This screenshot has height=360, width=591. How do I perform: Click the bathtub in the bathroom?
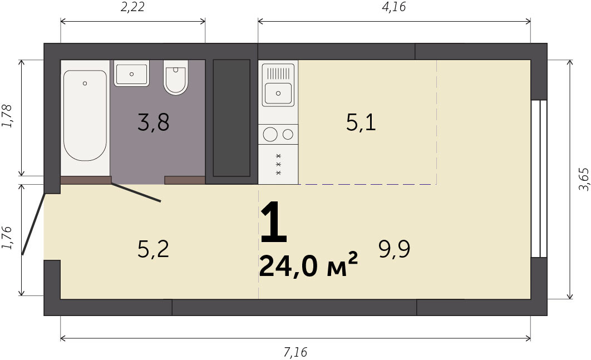[85, 115]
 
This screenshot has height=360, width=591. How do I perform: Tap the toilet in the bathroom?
[176, 77]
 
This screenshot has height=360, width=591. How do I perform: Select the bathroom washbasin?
[131, 73]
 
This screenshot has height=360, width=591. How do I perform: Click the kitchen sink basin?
[278, 93]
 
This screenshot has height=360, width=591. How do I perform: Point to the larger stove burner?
[270, 134]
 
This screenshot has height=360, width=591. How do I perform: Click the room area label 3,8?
[154, 122]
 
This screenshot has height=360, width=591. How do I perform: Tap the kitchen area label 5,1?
[361, 122]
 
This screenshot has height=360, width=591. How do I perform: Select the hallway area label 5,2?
[153, 249]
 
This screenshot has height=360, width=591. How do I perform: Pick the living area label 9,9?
[394, 249]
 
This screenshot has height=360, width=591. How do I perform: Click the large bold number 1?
[274, 222]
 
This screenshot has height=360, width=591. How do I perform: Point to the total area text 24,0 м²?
[308, 265]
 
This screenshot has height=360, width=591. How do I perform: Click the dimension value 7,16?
[295, 352]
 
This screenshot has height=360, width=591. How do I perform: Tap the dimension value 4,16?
[394, 7]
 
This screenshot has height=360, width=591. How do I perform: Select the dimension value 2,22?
[132, 7]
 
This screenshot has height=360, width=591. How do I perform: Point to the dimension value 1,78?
[7, 116]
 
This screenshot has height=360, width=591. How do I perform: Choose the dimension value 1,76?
[7, 238]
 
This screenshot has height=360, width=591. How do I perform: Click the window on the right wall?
[539, 179]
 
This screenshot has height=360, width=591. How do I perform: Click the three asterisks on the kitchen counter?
[279, 164]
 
